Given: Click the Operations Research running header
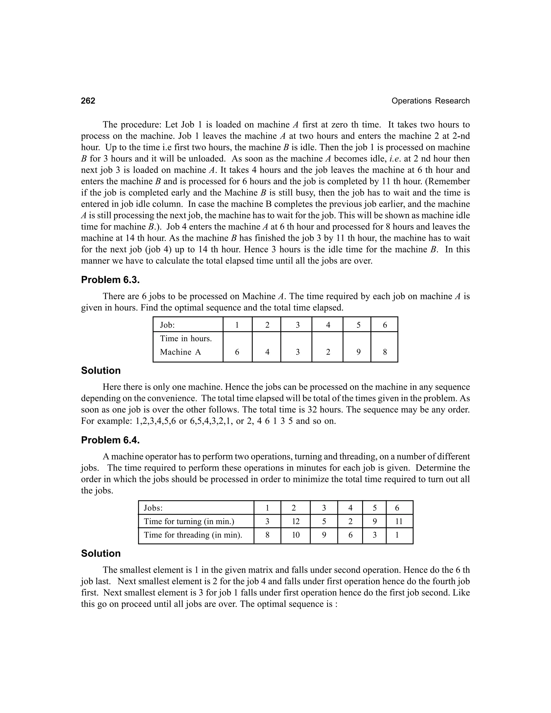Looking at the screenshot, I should pos(430,101).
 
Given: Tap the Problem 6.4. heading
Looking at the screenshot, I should pos(110,440).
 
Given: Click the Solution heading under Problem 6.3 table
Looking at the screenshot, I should pos(101,370).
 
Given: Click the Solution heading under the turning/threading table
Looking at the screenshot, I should pos(101,553).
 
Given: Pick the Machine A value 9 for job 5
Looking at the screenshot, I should pos(358,352).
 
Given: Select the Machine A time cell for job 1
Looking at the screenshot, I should pos(237,352).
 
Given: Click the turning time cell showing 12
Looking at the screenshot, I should pos(295,521).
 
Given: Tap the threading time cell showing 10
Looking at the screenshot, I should pos(295,535).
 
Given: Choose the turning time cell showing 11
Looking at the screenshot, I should pos(399,521).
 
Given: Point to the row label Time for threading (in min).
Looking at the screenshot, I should pos(193,535).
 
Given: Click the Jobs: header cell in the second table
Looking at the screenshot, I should pos(153,508).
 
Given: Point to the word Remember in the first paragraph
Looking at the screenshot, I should pos(450,181).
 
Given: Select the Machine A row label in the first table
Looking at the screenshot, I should pos(180,352).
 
